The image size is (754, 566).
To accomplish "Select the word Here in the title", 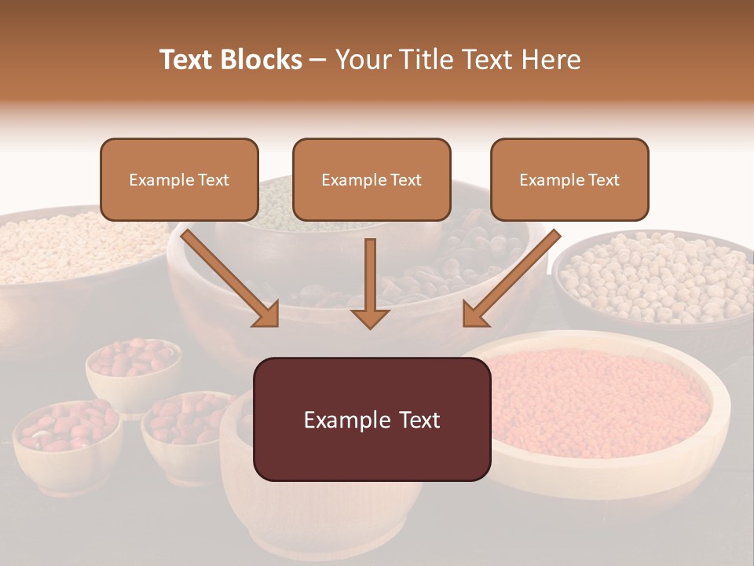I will [x=552, y=60].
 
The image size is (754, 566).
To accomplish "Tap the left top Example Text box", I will [x=179, y=179].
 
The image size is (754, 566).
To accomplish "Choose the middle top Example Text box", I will [x=372, y=179].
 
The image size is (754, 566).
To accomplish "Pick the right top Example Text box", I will [x=569, y=179].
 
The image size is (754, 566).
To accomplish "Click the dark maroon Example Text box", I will [x=372, y=419].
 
